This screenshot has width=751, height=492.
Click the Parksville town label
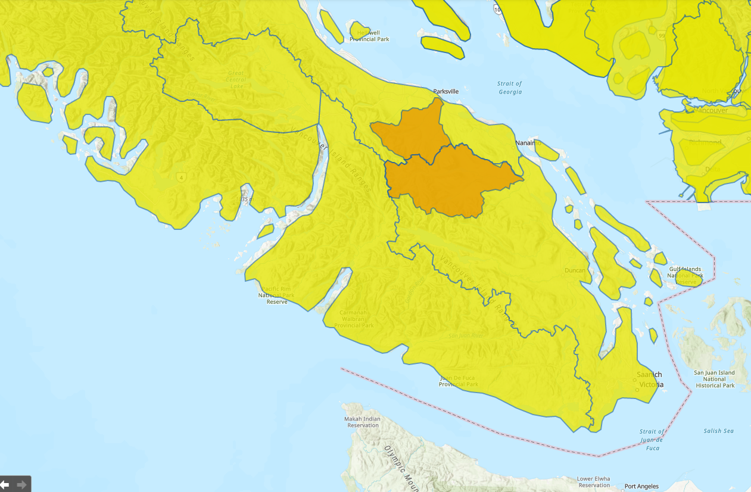[x=446, y=92]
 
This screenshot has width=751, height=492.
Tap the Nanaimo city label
[x=528, y=144]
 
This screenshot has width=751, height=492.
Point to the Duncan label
[x=575, y=270]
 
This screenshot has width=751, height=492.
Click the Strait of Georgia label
[x=510, y=88]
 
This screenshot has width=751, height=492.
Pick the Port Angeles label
[x=641, y=487]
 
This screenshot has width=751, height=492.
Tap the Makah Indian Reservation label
[x=362, y=422]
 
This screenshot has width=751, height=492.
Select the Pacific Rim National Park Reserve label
[x=277, y=295]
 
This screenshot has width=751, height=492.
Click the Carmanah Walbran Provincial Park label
[x=354, y=319]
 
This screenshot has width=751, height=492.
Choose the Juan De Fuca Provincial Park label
[x=459, y=381]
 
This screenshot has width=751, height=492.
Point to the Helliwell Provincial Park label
[x=369, y=36]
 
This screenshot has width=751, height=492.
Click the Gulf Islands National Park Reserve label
[x=685, y=276]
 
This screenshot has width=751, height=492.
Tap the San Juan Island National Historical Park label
[x=715, y=379]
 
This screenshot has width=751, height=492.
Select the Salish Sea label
[x=718, y=431]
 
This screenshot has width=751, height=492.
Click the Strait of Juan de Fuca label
[x=652, y=439]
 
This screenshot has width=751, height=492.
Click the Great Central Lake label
[x=236, y=80]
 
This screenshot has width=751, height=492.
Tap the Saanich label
[x=649, y=375]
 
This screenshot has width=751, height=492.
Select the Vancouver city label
[x=712, y=111]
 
